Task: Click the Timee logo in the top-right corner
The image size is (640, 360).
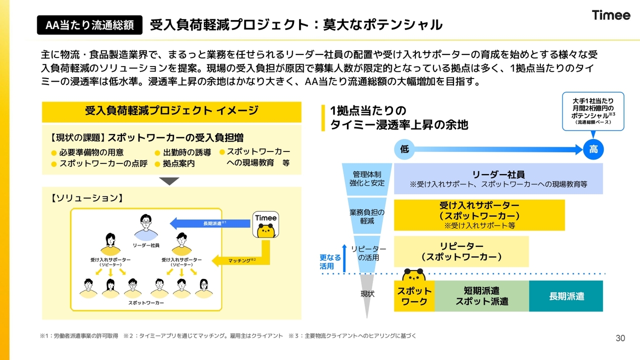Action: [x=611, y=15]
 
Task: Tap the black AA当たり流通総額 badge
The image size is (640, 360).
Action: [x=89, y=25]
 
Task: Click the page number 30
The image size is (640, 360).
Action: [x=620, y=338]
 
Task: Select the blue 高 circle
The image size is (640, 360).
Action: [x=593, y=149]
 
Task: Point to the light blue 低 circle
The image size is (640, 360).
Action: [x=404, y=149]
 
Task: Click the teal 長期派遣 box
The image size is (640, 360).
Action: [x=566, y=296]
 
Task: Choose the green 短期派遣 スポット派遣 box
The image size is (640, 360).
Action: [x=481, y=296]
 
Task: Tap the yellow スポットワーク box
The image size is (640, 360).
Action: [x=414, y=296]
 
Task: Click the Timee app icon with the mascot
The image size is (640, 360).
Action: [x=265, y=224]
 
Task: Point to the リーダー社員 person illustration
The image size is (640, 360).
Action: [x=145, y=227]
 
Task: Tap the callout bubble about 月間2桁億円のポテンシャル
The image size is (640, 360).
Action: [x=593, y=111]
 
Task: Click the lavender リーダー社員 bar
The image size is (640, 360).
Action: [x=498, y=179]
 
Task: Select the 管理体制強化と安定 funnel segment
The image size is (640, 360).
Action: [x=367, y=179]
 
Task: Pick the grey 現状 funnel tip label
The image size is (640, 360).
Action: [x=367, y=293]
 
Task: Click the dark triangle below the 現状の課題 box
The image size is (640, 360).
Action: [x=169, y=181]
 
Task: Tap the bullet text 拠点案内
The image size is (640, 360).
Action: [x=179, y=163]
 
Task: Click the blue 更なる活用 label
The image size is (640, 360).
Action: [x=330, y=262]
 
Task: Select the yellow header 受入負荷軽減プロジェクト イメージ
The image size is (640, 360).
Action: [x=171, y=112]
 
